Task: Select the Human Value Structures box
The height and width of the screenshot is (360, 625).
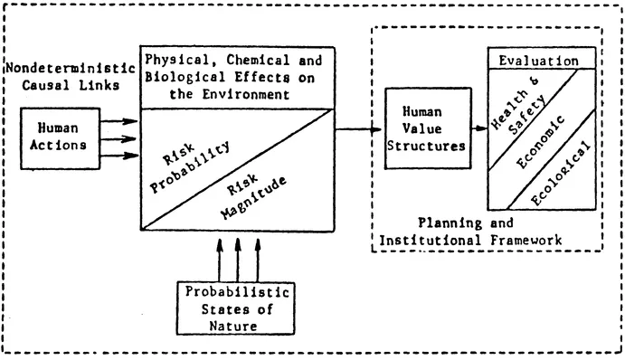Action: pyautogui.click(x=423, y=129)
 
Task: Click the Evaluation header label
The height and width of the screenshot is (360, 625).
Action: pyautogui.click(x=540, y=62)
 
